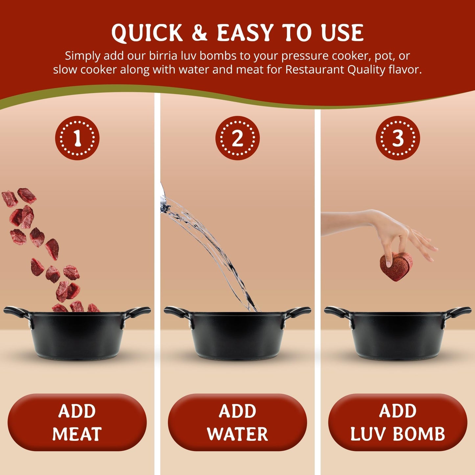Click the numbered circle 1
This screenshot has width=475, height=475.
pos(77,138)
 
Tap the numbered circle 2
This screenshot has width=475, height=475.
pos(237,138)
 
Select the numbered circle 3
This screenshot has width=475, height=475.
pos(398,138)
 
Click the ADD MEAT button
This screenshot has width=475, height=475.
pos(77,422)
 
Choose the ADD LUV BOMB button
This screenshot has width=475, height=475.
pos(398,422)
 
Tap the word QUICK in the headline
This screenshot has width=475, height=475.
pos(147,33)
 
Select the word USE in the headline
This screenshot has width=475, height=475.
pos(343,33)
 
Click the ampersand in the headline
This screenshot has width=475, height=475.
pos(200,33)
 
